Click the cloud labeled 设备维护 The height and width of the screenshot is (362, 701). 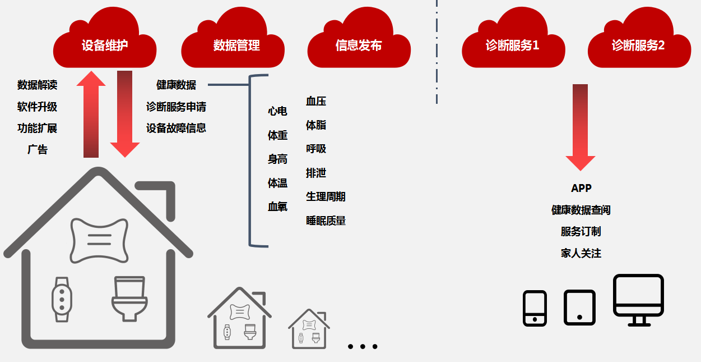104,42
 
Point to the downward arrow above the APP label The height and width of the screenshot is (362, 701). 580,127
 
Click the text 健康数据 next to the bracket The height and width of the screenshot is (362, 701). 176,85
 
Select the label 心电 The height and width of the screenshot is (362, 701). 277,111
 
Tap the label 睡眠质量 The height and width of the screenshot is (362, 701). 326,221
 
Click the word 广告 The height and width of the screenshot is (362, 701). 38,150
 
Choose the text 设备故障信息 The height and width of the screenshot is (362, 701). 176,128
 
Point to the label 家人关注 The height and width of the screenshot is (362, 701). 581,253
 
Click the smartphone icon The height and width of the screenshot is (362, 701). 535,308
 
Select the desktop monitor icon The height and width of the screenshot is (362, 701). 638,299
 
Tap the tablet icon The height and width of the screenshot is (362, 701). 579,308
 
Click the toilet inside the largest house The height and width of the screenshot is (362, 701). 129,298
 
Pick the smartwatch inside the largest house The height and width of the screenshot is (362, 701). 62,300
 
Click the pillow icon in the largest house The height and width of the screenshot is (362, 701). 99,240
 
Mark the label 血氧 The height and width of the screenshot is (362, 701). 277,207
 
